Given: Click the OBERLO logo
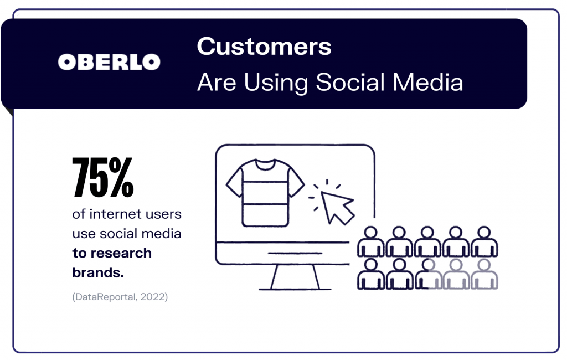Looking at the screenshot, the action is (109, 62).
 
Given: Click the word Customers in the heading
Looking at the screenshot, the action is (264, 47).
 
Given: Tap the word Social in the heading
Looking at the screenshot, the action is (350, 82).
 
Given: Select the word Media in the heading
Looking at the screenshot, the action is (428, 82).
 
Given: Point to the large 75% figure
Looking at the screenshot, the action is (103, 177).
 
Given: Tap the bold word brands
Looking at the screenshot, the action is (98, 272).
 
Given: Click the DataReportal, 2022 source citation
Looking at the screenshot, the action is (120, 297).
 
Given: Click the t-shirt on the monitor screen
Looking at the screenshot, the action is (265, 193).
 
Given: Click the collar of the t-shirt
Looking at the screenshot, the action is (265, 164).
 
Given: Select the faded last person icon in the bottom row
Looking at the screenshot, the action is (484, 274).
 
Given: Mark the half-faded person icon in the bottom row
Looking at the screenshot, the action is (427, 274).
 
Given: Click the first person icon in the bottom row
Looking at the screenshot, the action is (370, 274).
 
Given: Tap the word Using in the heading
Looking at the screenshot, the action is (276, 83).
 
